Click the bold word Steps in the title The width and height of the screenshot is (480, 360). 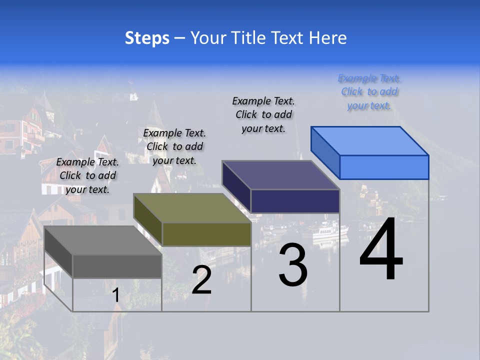pyautogui.click(x=147, y=38)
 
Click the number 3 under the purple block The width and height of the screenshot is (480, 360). pyautogui.click(x=293, y=266)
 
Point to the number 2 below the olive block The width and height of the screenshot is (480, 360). pyautogui.click(x=201, y=280)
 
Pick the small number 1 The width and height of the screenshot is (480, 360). pyautogui.click(x=116, y=295)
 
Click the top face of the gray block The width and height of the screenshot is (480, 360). pyautogui.click(x=102, y=240)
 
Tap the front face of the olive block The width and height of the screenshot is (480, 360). pyautogui.click(x=206, y=234)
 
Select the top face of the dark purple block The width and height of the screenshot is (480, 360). pyautogui.click(x=281, y=175)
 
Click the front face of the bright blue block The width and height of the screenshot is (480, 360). pyautogui.click(x=384, y=167)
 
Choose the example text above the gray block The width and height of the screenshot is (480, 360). pyautogui.click(x=87, y=175)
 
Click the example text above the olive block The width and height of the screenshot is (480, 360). pyautogui.click(x=174, y=146)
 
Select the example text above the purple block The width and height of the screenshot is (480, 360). pyautogui.click(x=263, y=114)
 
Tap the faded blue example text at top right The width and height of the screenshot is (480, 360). pyautogui.click(x=369, y=91)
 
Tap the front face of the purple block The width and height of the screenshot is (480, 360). pyautogui.click(x=295, y=201)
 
